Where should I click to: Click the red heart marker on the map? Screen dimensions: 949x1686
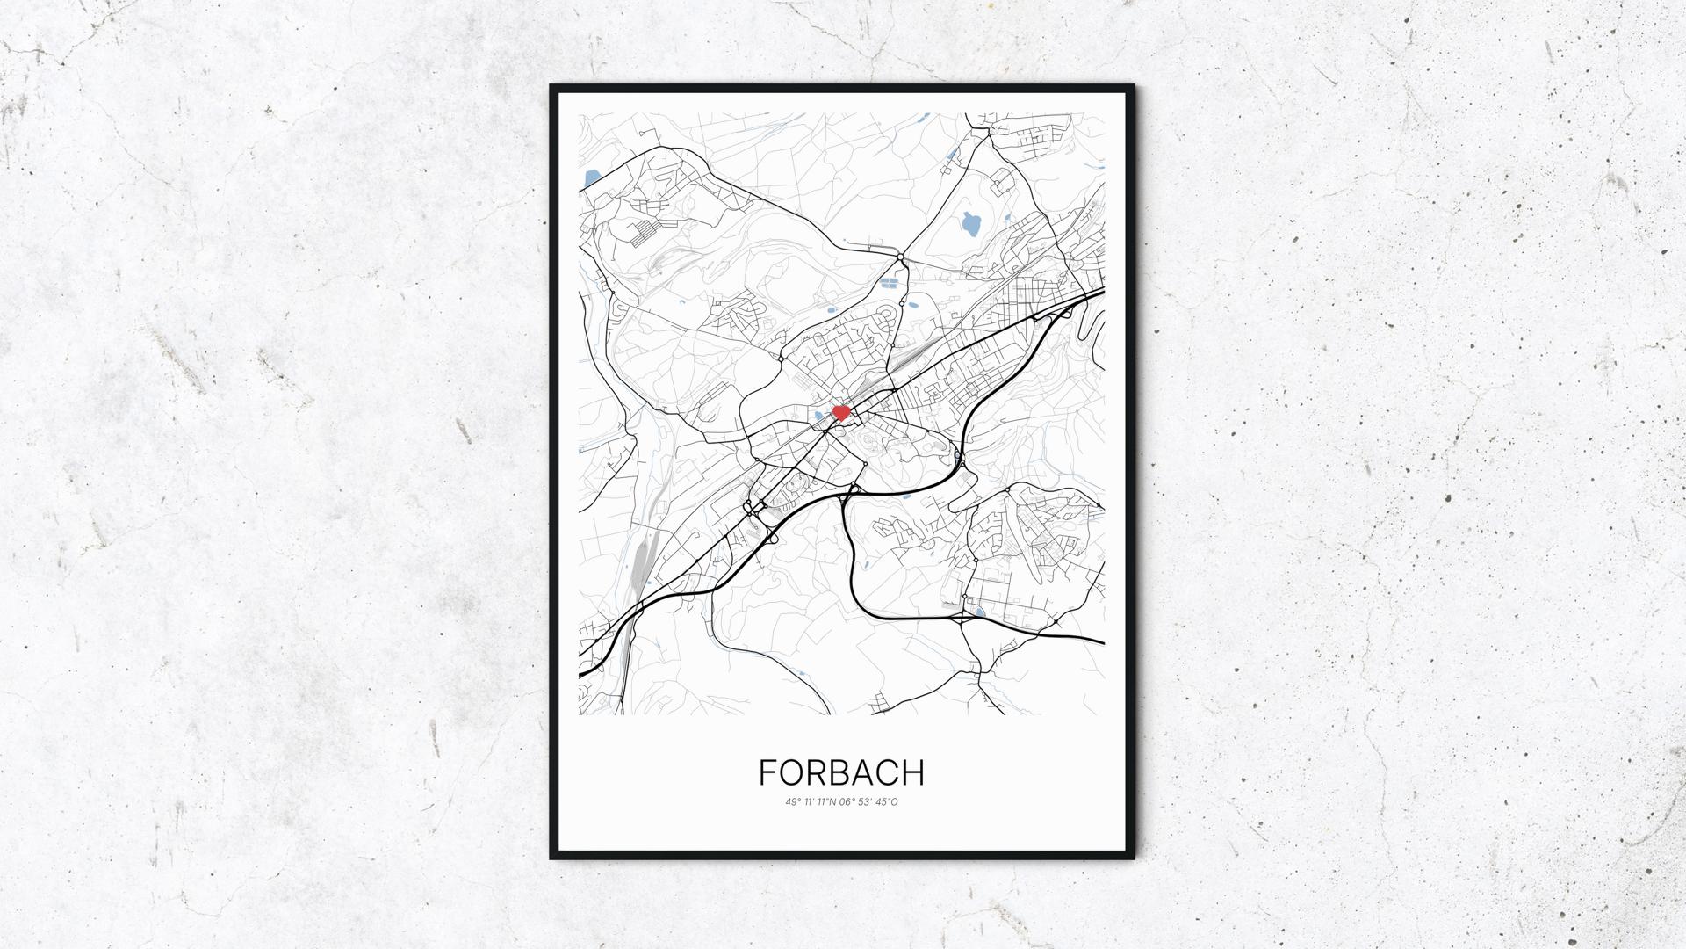click(841, 411)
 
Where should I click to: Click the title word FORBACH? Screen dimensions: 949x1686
click(841, 772)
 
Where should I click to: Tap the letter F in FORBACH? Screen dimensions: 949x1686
click(767, 772)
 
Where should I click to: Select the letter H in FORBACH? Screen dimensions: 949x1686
click(913, 772)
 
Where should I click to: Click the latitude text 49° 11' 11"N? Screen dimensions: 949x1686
click(813, 801)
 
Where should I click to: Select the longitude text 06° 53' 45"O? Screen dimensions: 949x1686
click(870, 801)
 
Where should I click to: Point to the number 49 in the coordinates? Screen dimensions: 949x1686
click(791, 801)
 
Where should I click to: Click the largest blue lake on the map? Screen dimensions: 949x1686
click(970, 226)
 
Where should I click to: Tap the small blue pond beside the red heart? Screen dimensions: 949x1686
click(821, 417)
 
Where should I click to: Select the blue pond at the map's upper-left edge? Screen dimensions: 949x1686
click(590, 177)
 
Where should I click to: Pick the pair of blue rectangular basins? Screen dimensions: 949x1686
click(890, 285)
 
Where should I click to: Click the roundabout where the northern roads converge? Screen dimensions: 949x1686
click(902, 257)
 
